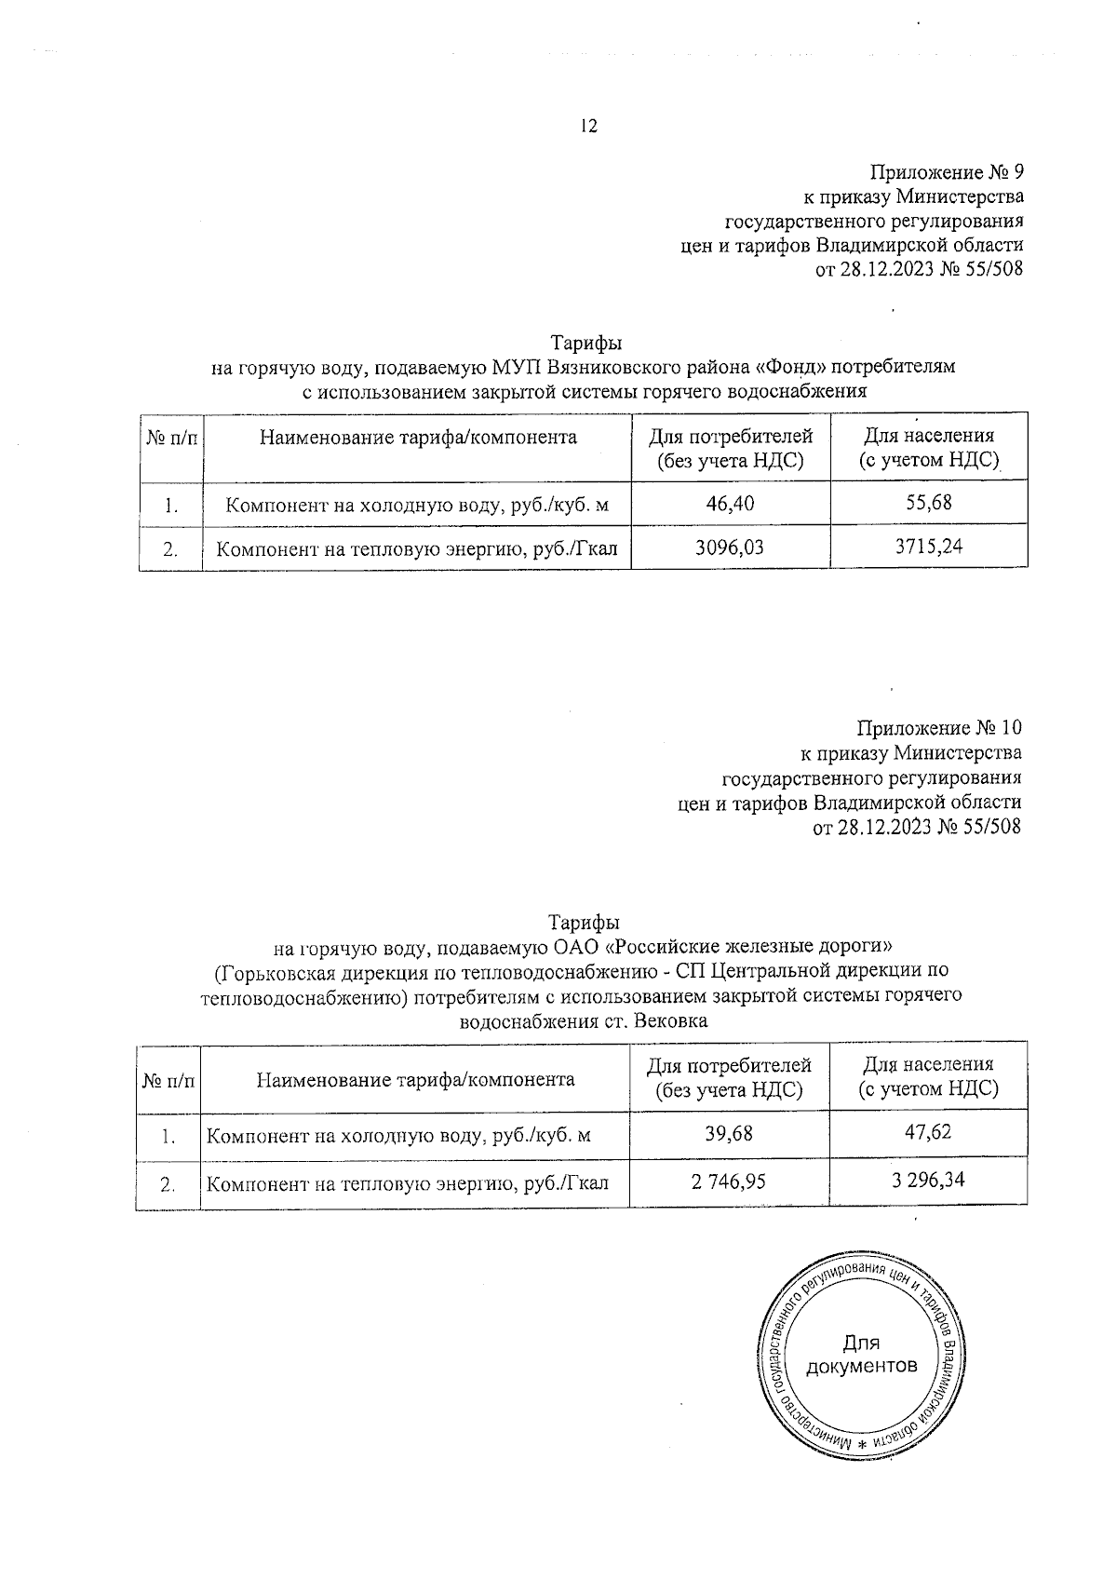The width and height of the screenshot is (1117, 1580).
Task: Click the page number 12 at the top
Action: click(x=587, y=128)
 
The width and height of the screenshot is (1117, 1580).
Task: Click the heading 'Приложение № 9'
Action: click(x=947, y=173)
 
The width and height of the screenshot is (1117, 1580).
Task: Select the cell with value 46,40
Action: click(x=730, y=505)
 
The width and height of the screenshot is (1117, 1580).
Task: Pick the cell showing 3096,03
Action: click(x=730, y=547)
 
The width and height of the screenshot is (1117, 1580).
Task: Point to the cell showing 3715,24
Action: click(x=928, y=547)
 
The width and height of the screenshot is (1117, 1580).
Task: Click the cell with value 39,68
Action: click(x=729, y=1133)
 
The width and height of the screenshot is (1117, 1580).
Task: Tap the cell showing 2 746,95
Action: click(x=729, y=1182)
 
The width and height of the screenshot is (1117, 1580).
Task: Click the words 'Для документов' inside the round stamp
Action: click(x=861, y=1355)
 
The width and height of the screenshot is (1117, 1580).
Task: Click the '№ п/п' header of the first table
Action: click(x=171, y=438)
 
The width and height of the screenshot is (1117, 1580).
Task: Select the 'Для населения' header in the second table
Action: click(x=928, y=1064)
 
